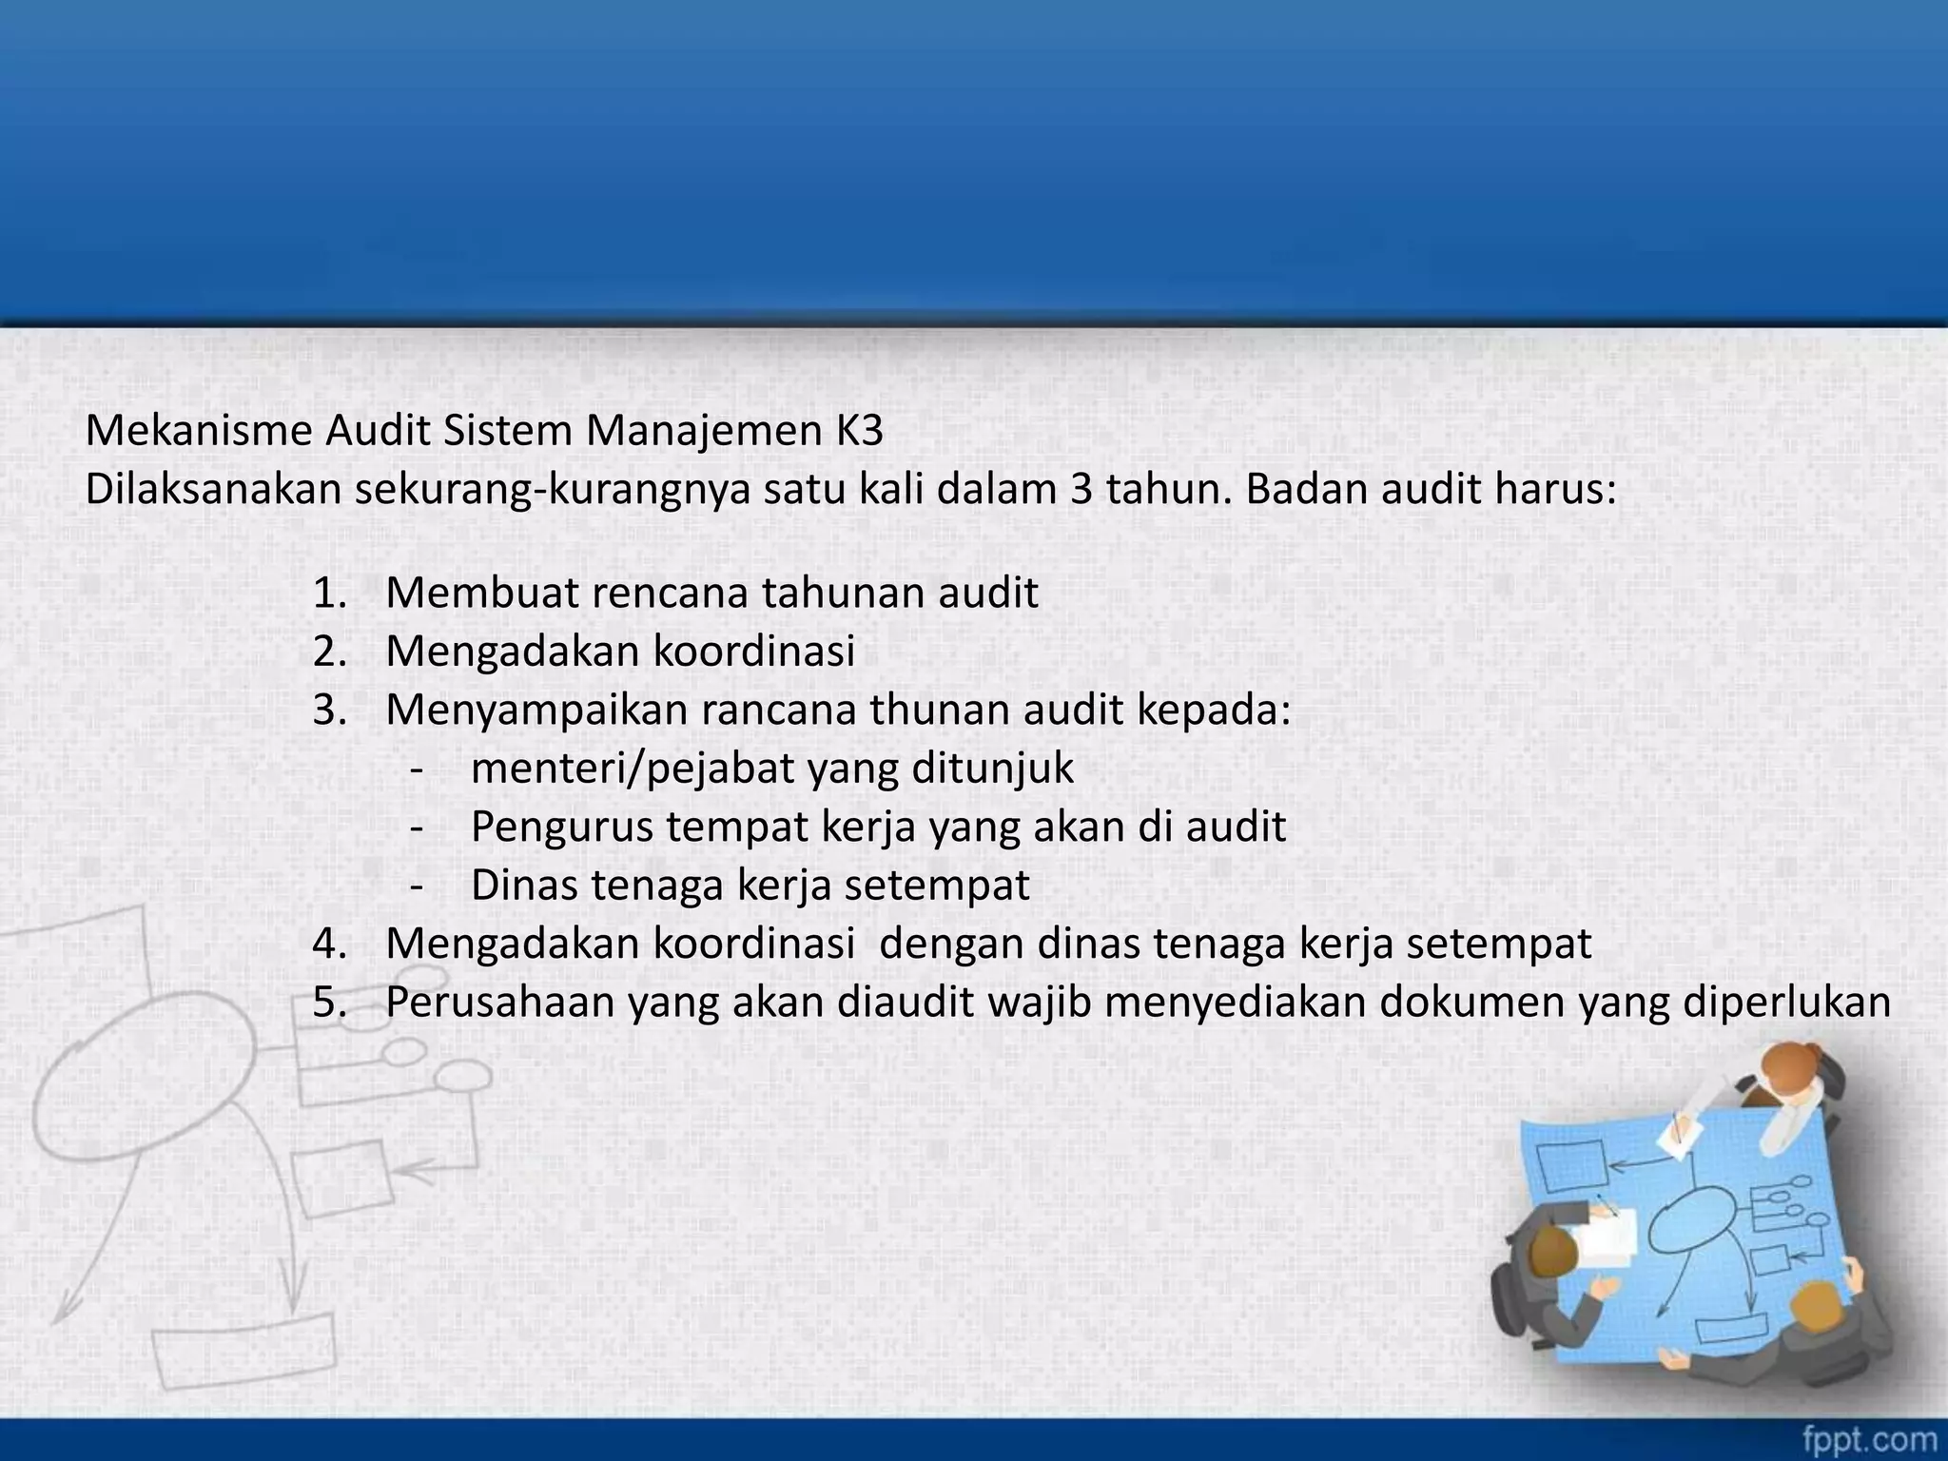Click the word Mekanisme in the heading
pos(198,431)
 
